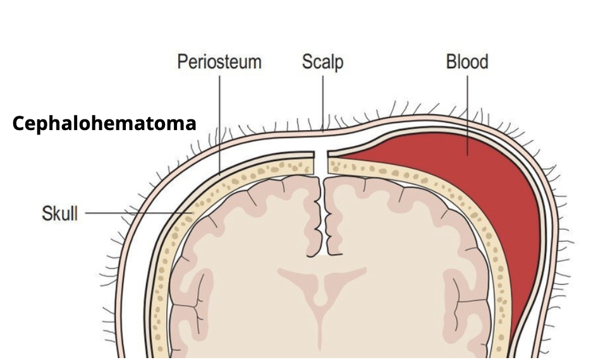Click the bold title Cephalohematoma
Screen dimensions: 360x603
104,123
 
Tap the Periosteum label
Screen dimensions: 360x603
219,62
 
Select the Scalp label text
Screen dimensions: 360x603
322,62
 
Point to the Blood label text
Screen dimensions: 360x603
467,62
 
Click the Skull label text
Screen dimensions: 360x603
59,213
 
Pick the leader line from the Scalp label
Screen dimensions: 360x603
323,101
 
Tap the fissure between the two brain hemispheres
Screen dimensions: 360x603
324,215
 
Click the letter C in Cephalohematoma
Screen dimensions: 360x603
18,124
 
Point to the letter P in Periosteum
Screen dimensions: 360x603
182,62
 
